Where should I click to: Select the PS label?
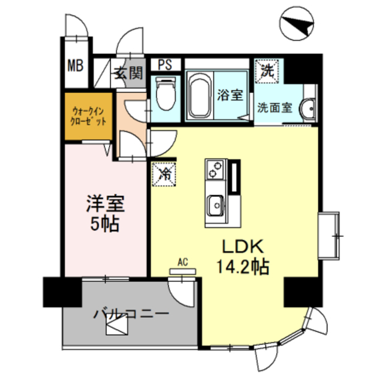pos(164,64)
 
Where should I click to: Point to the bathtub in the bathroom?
pos(198,96)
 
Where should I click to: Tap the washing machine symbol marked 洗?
pos(266,70)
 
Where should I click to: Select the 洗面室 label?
pos(275,108)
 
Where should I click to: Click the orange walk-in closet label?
pos(89,115)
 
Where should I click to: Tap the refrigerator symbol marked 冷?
pos(164,174)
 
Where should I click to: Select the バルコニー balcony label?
pos(131,313)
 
